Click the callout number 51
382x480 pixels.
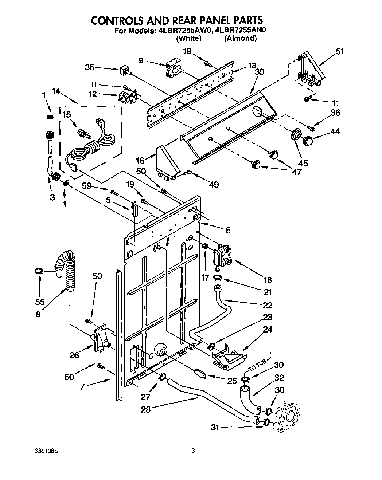click(x=339, y=52)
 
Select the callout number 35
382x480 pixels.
click(x=90, y=67)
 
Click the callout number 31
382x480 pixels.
click(x=215, y=428)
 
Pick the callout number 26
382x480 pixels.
click(x=74, y=355)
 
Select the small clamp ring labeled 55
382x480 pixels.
click(x=39, y=271)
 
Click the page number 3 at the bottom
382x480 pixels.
click(x=194, y=451)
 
